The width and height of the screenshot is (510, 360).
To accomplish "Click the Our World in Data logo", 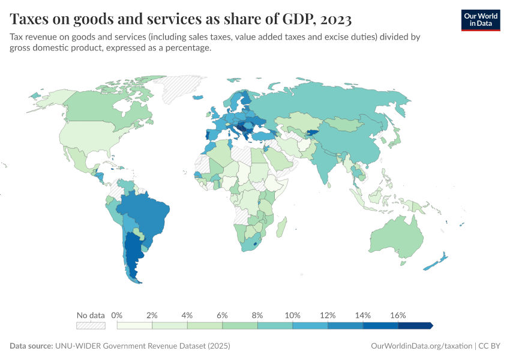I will point(481,20).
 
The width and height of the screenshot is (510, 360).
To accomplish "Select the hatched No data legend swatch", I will point(91,325).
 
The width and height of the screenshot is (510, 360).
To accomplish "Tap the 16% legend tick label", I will point(398,315).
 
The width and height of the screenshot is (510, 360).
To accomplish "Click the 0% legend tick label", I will point(118,315).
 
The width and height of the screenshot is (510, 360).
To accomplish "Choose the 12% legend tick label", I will point(327,315).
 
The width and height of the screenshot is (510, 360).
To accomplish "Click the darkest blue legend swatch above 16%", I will point(415,325).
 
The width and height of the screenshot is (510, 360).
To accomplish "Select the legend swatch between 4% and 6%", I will point(205,325).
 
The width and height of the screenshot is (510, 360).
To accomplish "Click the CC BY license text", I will point(490,346).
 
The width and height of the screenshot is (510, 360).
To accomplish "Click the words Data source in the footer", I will point(31,346).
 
